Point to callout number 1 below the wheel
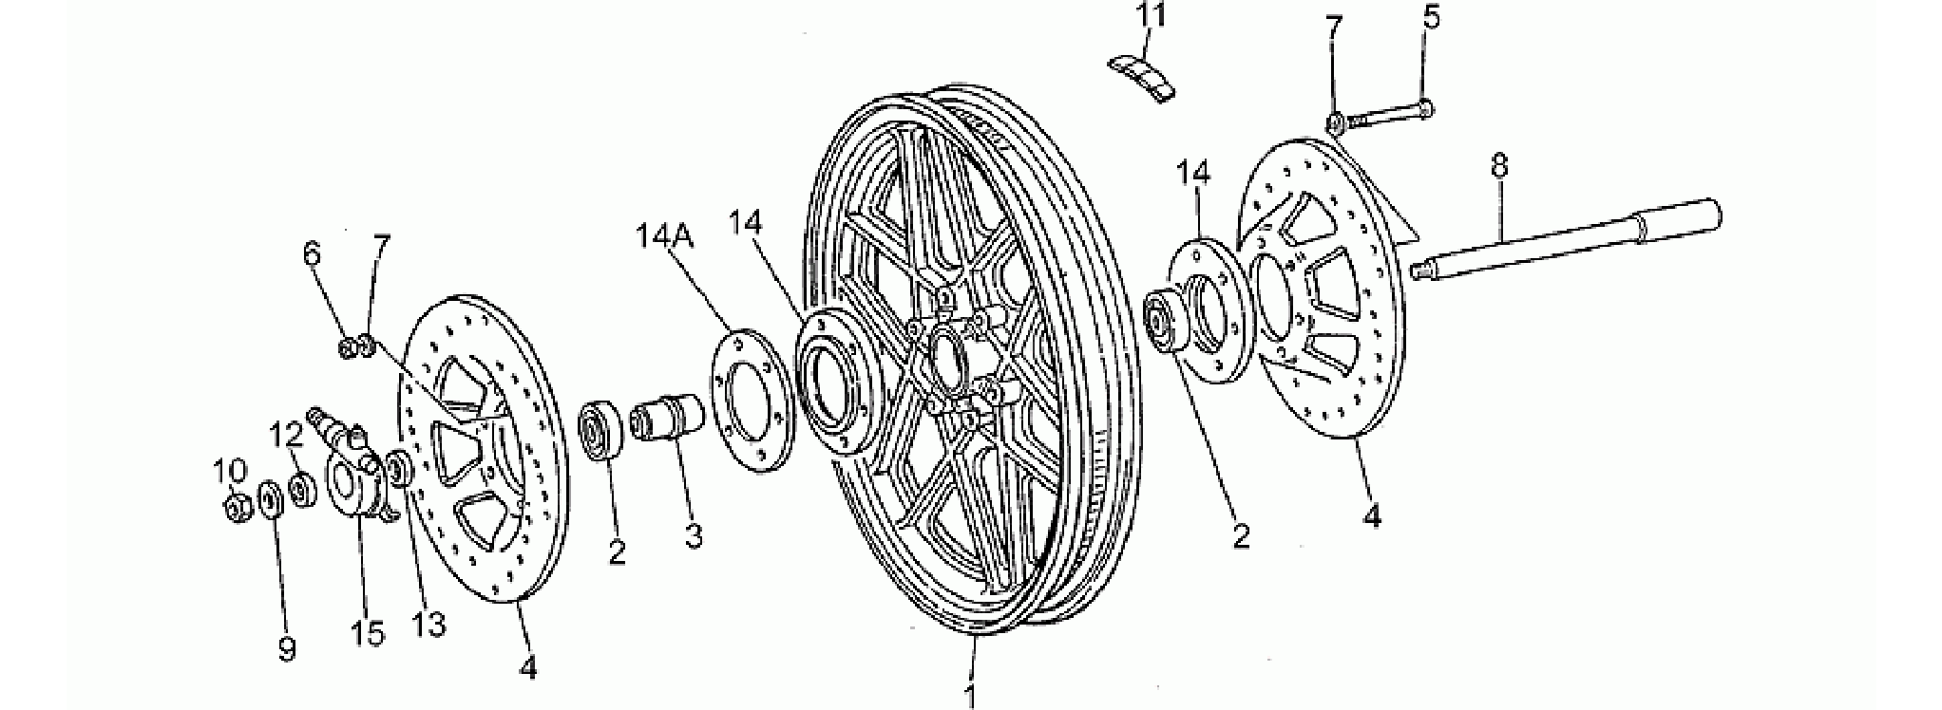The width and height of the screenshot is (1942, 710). click(970, 696)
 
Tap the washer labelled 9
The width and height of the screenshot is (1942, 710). click(270, 498)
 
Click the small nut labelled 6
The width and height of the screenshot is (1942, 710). click(349, 346)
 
